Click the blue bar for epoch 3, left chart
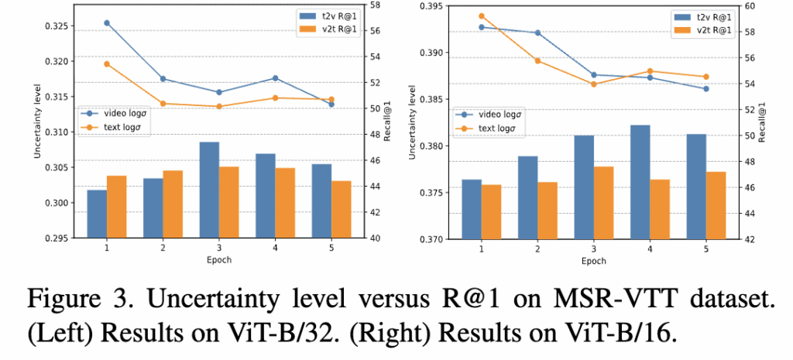tap(209, 190)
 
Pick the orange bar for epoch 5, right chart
tap(716, 205)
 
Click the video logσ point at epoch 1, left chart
tap(107, 23)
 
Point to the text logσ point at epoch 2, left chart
tap(163, 103)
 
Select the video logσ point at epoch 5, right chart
tap(706, 89)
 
